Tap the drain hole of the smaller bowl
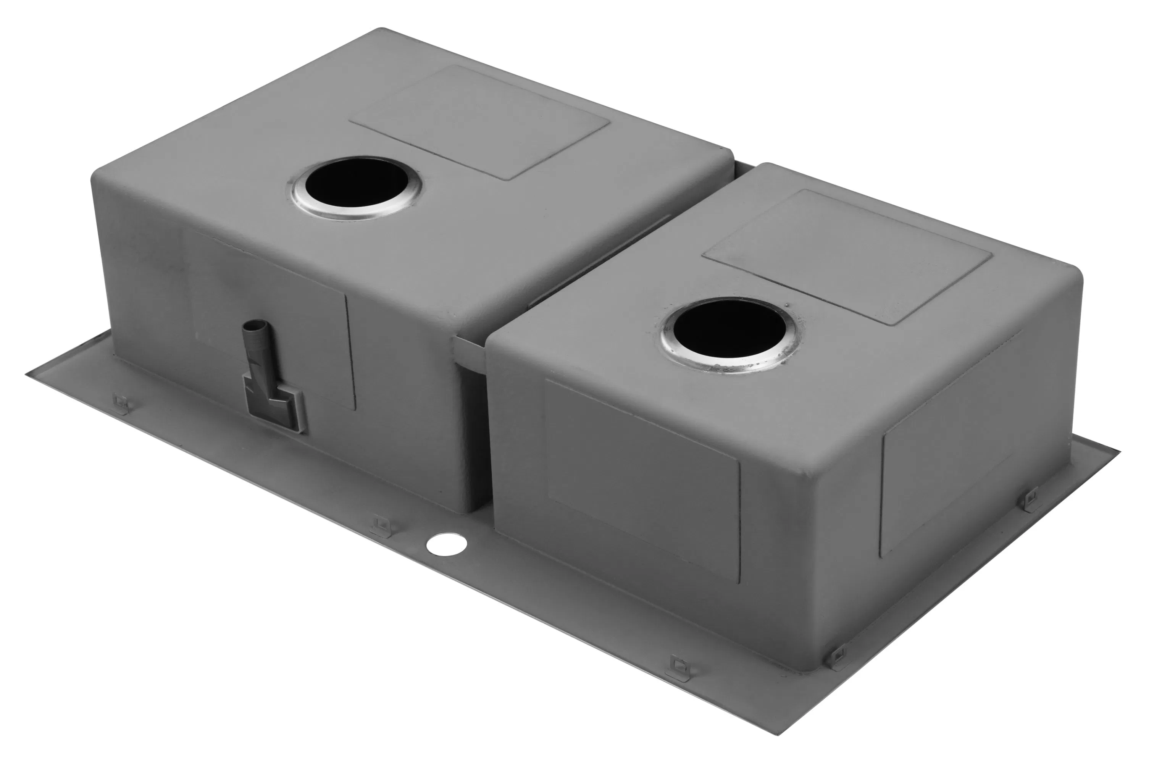coord(729,328)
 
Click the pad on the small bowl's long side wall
coord(642,481)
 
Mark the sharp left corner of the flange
coord(27,375)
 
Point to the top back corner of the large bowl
coord(382,29)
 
